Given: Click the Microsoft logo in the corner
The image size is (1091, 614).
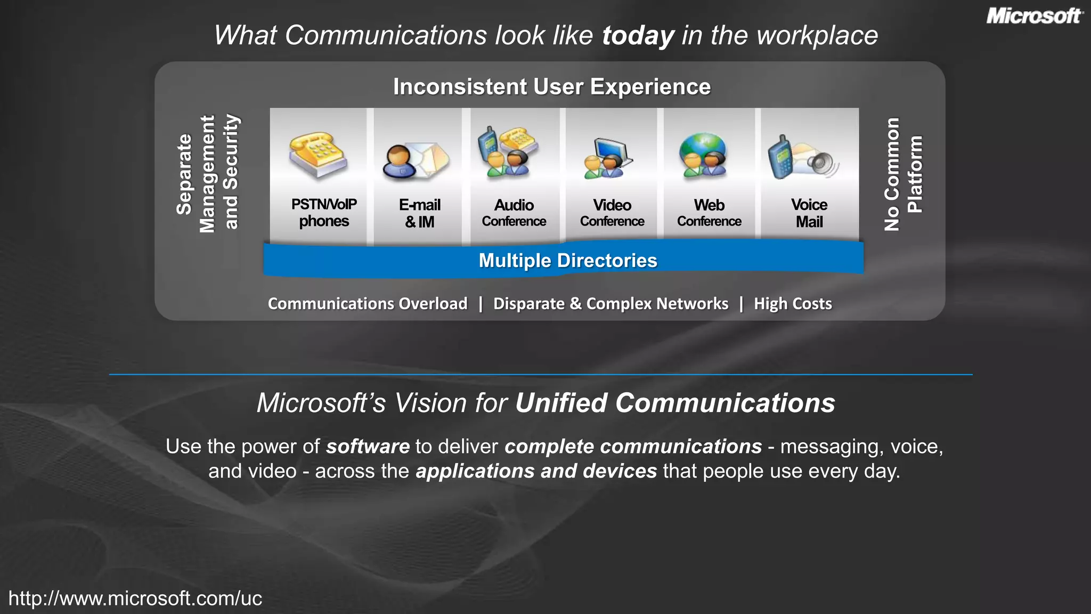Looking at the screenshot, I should click(x=1034, y=16).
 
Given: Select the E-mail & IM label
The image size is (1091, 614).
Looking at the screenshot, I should click(x=420, y=213).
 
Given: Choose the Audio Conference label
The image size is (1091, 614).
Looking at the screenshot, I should click(x=514, y=213).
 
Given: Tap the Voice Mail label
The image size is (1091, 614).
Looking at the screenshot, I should click(x=809, y=213).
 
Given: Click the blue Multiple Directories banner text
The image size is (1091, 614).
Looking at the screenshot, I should click(x=568, y=261).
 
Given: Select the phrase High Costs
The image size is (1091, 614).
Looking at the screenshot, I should click(x=793, y=304).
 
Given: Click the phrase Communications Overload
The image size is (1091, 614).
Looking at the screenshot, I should click(x=368, y=304).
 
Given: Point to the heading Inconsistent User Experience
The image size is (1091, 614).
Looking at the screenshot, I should click(x=552, y=87).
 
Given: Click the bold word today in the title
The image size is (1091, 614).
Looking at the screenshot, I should click(x=638, y=36).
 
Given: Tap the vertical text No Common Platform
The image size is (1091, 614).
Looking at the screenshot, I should click(x=903, y=174).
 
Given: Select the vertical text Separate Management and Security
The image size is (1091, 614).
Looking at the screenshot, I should click(x=207, y=174).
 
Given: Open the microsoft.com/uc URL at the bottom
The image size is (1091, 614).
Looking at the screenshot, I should click(x=135, y=599).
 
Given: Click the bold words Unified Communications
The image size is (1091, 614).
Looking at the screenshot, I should click(x=675, y=403).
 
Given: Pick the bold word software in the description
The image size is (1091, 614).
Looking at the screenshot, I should click(x=368, y=447).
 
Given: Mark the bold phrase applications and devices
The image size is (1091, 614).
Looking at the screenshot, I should click(x=536, y=471).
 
